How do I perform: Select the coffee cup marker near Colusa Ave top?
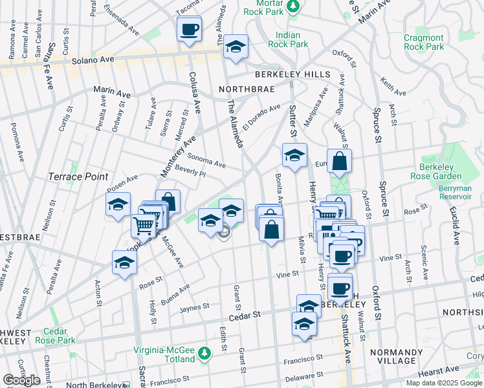(189, 29)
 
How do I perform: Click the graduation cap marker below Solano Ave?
(236, 47)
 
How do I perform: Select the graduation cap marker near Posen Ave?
(118, 205)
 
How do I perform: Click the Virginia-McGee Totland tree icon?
(204, 353)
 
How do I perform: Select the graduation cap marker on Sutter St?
(294, 156)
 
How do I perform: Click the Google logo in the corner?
(21, 380)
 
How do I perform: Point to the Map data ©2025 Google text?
(444, 383)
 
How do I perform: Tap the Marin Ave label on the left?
(112, 94)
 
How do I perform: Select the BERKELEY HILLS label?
(301, 75)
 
